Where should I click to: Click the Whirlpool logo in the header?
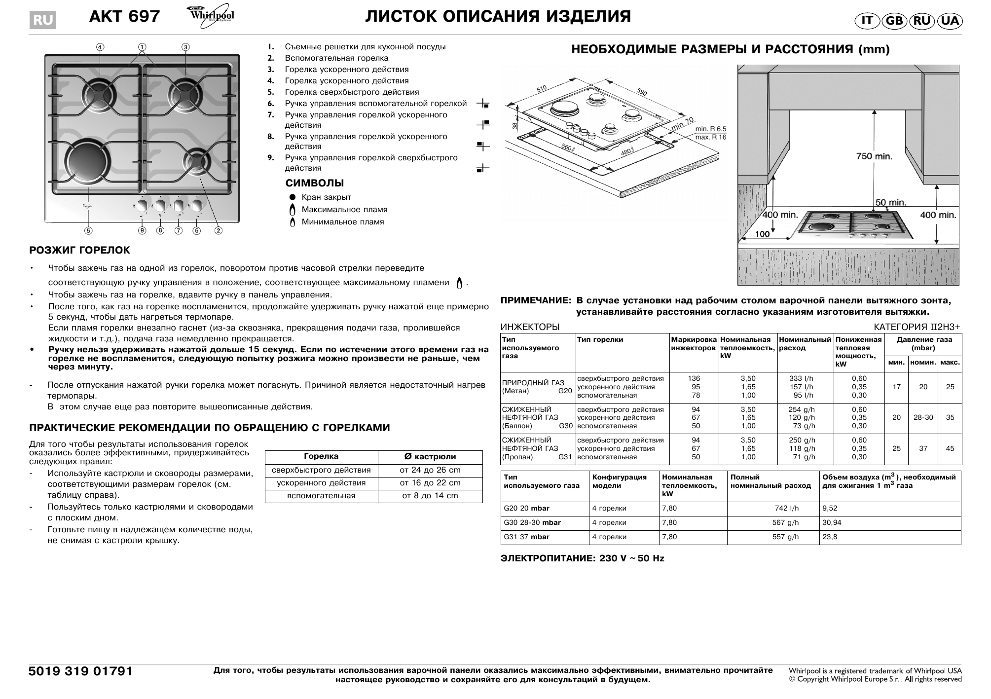[x=211, y=15]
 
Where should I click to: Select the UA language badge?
[x=949, y=21]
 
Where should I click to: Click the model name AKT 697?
[x=124, y=17]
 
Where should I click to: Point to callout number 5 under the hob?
[x=88, y=230]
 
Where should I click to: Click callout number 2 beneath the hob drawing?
[x=218, y=230]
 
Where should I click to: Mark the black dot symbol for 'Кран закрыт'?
[x=293, y=197]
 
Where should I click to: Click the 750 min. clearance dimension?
[x=874, y=156]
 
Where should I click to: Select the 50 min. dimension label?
[x=890, y=202]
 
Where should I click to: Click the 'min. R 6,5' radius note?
[x=710, y=129]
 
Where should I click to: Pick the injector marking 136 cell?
[x=694, y=378]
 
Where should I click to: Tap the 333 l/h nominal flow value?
[x=801, y=378]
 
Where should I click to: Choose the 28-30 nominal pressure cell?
[x=923, y=417]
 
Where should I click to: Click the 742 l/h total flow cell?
[x=786, y=508]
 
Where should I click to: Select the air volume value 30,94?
[x=832, y=522]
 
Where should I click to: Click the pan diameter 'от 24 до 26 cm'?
[x=430, y=470]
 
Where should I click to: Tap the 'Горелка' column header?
[x=321, y=457]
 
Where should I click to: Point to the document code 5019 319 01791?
[x=81, y=671]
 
